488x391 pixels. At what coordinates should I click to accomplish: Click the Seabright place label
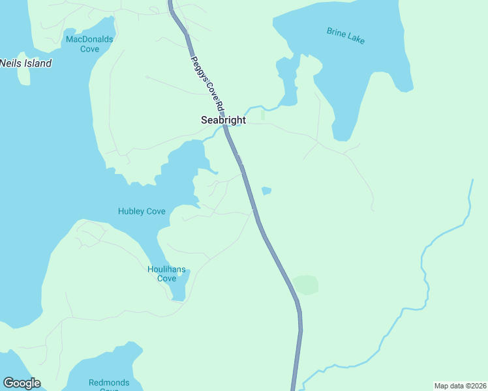223,121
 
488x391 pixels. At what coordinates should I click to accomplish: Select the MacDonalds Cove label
89,44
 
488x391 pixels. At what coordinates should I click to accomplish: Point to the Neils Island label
25,63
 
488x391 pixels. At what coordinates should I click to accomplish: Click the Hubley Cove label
142,211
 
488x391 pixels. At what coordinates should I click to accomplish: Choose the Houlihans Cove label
166,274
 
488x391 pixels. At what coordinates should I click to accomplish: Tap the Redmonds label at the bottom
109,383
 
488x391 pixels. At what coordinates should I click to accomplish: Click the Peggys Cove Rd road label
208,83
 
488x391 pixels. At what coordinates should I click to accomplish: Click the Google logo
22,383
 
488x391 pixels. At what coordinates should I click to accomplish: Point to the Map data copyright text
460,386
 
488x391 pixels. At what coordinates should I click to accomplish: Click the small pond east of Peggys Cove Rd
266,191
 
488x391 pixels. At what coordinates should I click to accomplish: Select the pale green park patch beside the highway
305,285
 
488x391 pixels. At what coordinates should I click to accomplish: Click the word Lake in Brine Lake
356,39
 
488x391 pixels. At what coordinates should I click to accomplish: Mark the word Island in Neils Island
38,63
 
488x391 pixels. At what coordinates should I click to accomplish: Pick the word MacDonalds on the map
89,39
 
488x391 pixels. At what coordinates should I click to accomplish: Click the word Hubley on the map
132,211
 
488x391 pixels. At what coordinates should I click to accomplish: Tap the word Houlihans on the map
166,269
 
